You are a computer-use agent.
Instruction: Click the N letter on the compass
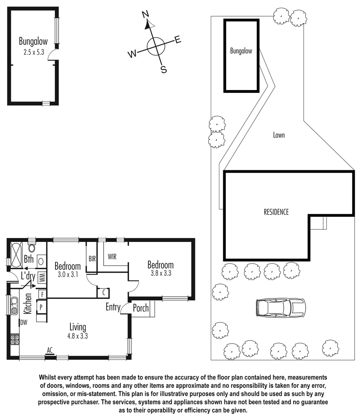pyautogui.click(x=145, y=15)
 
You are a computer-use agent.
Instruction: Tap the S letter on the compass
pyautogui.click(x=163, y=70)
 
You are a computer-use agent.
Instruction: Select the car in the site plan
pyautogui.click(x=280, y=307)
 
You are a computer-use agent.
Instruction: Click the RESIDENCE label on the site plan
pyautogui.click(x=276, y=212)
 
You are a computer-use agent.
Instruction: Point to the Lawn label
pyautogui.click(x=279, y=135)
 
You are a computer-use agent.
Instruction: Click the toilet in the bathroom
pyautogui.click(x=32, y=247)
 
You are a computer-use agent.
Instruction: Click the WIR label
pyautogui.click(x=112, y=257)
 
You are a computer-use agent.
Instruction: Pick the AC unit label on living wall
pyautogui.click(x=49, y=350)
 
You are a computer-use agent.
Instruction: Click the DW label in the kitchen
pyautogui.click(x=24, y=322)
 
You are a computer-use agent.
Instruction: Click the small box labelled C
pyautogui.click(x=104, y=293)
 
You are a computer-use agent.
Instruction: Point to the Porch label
pyautogui.click(x=140, y=308)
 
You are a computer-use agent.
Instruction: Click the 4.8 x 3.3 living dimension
pyautogui.click(x=77, y=335)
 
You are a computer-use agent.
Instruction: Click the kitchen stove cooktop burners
pyautogui.click(x=15, y=339)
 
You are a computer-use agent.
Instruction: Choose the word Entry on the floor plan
pyautogui.click(x=113, y=307)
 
